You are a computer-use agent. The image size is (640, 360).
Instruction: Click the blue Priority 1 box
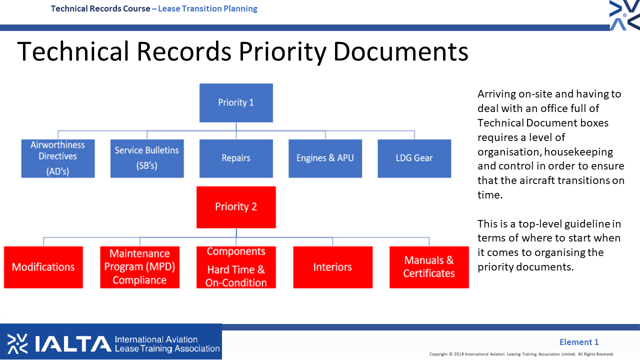click(236, 103)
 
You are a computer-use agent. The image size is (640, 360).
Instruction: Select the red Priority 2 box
click(236, 207)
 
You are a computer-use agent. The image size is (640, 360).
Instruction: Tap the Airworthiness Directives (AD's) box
click(58, 158)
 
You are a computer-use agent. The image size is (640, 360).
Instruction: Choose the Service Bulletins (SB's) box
click(147, 158)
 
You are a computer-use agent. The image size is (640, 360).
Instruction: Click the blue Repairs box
click(236, 158)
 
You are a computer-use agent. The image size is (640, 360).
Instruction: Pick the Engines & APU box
click(325, 158)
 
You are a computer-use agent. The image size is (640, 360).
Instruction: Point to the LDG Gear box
click(414, 158)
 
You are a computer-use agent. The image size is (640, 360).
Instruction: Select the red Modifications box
click(43, 267)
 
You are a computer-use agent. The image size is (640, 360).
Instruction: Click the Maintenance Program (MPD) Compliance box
click(139, 267)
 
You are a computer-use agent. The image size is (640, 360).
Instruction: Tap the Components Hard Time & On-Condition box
click(236, 267)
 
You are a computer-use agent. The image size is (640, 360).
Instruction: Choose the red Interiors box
click(333, 267)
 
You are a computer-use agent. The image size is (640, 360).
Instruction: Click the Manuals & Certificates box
click(429, 267)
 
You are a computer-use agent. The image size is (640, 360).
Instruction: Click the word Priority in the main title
click(282, 52)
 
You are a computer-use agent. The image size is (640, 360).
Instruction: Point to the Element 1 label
click(579, 342)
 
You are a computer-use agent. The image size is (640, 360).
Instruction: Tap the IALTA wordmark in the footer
click(73, 343)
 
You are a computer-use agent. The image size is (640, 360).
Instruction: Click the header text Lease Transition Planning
click(207, 8)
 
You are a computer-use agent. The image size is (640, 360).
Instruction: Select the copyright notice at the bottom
click(521, 354)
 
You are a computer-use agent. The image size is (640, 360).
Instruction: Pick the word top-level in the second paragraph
click(539, 224)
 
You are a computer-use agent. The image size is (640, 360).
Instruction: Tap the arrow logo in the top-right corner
click(624, 15)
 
